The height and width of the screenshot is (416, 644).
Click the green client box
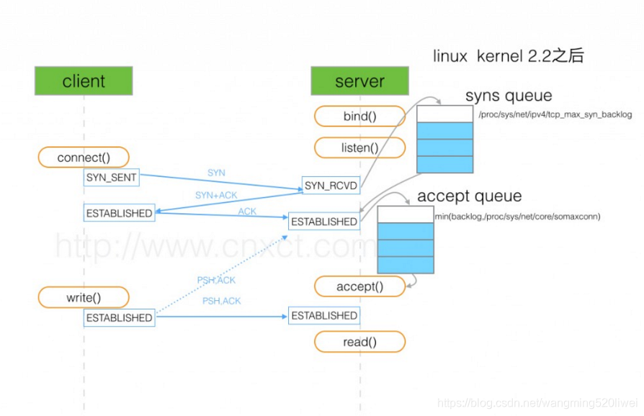coord(84,81)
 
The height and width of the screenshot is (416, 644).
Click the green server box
coord(359,81)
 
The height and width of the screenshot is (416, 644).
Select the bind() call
coord(359,116)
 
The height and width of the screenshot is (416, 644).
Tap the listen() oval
coord(359,148)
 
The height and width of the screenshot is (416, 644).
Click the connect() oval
coord(84,157)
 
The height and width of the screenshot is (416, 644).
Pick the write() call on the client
coord(84,297)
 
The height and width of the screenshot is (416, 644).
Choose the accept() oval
coord(359,286)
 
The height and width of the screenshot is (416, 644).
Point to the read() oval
coord(359,342)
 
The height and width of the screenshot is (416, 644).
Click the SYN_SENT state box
coord(112,177)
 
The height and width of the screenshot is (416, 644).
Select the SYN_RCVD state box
coord(331,186)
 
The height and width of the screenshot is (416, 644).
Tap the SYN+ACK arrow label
coord(216,195)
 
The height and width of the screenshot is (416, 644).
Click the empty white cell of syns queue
coord(444,114)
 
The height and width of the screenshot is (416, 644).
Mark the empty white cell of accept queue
coord(406,214)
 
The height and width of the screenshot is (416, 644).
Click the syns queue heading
coord(509,96)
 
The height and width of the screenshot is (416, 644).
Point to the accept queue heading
coord(470,196)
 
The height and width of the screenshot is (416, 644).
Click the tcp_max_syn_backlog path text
coord(555,114)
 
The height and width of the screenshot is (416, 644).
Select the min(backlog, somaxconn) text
coord(517,216)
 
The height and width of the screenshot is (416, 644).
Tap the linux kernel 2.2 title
coord(509,56)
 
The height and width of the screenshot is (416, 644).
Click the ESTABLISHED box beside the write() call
coord(119,317)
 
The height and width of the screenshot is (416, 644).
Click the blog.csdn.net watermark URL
coord(537,403)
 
